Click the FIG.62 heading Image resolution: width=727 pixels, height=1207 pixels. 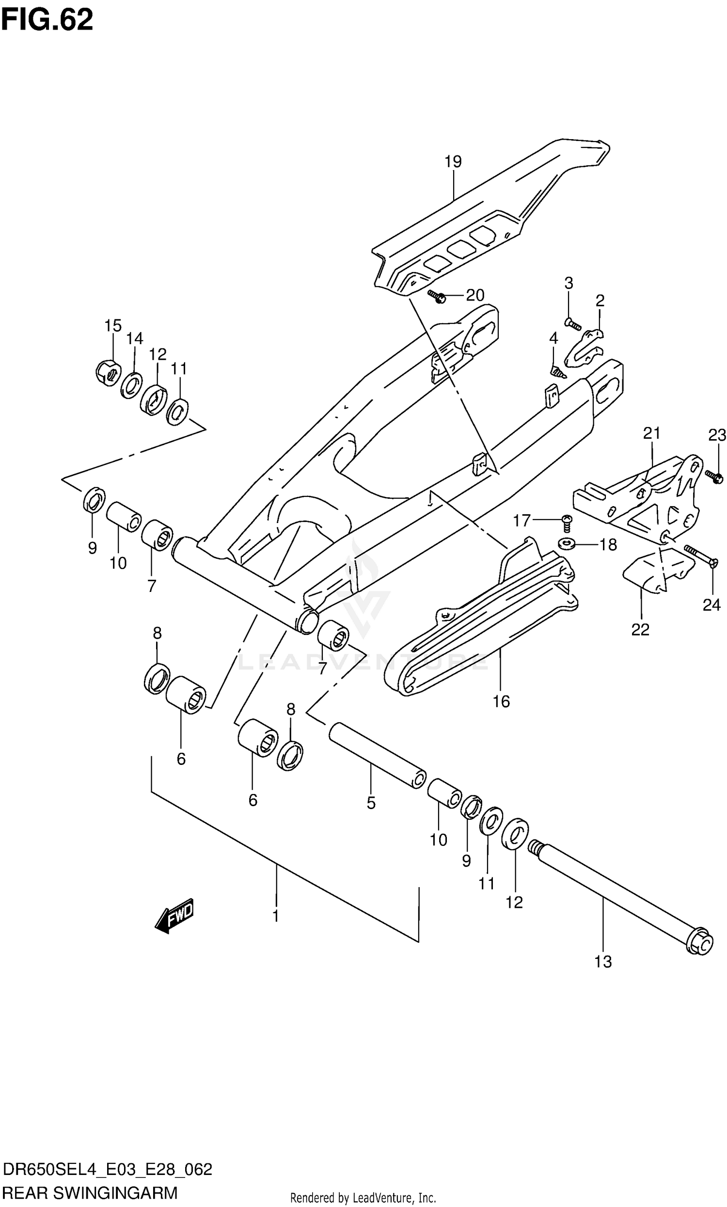click(x=47, y=19)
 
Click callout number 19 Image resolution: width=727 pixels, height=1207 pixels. click(x=453, y=161)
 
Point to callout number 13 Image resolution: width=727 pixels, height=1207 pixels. click(x=603, y=962)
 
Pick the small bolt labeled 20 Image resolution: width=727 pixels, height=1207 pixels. click(x=436, y=296)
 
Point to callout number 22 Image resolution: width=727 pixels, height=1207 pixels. click(x=640, y=630)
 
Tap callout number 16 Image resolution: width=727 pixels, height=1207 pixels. click(x=501, y=701)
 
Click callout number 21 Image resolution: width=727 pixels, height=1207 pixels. click(x=651, y=433)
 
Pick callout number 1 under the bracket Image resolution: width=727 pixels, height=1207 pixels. click(x=276, y=916)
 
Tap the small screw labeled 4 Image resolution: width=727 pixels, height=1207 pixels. click(x=558, y=372)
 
